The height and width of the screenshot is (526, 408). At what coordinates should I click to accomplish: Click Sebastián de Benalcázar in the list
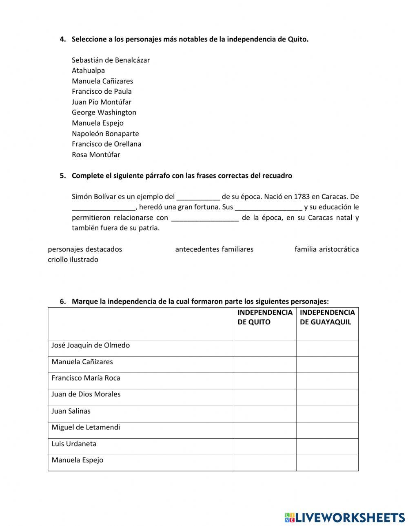[111, 60]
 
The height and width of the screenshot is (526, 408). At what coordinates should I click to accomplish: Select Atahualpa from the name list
[88, 70]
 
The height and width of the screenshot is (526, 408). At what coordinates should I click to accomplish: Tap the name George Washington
[104, 112]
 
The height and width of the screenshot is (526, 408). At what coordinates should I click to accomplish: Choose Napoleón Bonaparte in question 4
[105, 134]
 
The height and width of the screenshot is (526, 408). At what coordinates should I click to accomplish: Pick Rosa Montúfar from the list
[96, 154]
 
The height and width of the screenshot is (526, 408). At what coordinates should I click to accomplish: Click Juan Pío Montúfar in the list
[102, 102]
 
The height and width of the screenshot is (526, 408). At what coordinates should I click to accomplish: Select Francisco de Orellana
[106, 144]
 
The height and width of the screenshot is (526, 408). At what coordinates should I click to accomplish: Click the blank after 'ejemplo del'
[198, 197]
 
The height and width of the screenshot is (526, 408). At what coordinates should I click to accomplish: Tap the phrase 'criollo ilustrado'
[73, 260]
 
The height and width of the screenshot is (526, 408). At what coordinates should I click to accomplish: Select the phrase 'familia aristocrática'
[326, 249]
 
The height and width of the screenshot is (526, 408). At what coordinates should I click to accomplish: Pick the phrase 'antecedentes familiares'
[214, 249]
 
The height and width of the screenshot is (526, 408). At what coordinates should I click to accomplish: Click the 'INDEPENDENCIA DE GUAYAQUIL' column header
[327, 317]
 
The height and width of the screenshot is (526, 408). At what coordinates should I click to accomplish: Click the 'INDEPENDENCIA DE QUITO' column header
[265, 317]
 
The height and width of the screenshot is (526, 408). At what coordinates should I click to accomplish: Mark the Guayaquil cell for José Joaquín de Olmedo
[327, 348]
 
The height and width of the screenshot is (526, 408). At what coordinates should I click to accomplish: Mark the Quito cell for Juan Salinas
[265, 414]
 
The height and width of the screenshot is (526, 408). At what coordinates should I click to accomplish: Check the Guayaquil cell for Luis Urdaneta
[327, 447]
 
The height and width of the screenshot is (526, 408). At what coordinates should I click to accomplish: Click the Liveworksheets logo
[345, 517]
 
